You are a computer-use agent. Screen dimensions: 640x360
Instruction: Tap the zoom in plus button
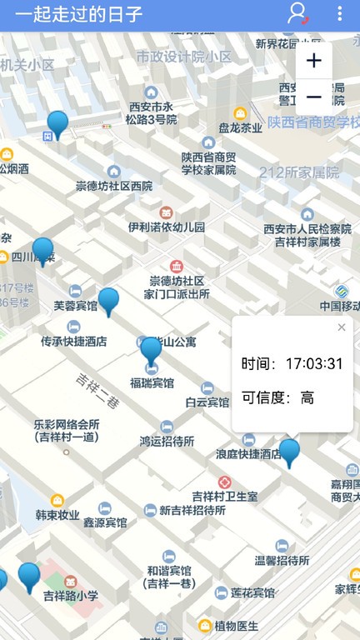(313, 61)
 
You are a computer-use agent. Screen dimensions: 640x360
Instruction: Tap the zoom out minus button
(313, 97)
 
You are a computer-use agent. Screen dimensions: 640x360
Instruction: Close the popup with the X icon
(341, 327)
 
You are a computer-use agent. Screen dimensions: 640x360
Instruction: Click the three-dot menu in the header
(339, 14)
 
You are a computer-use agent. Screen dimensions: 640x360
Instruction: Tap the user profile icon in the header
(297, 14)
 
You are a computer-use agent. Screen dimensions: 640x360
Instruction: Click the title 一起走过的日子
(78, 14)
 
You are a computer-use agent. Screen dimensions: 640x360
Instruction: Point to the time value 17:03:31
(314, 363)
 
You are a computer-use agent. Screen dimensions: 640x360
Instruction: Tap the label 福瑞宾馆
(152, 383)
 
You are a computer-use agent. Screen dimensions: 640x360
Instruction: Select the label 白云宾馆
(207, 402)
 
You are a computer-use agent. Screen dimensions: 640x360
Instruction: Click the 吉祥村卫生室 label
(225, 496)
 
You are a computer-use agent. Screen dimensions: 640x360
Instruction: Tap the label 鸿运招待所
(167, 441)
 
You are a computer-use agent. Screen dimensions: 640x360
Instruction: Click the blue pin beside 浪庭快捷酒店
(289, 452)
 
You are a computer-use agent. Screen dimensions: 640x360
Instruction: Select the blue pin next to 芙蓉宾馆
(108, 300)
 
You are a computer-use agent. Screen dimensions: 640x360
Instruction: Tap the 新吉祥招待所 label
(188, 510)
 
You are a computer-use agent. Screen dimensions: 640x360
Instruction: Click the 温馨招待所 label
(282, 560)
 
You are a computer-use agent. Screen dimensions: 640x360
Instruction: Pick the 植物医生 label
(237, 625)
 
